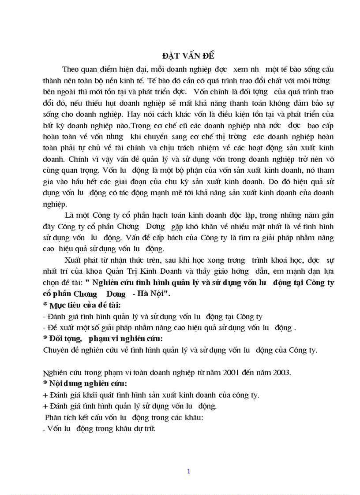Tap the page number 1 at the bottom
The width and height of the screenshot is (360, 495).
click(x=188, y=471)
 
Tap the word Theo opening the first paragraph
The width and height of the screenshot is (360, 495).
click(x=72, y=69)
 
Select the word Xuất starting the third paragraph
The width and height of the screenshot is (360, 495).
click(x=73, y=259)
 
